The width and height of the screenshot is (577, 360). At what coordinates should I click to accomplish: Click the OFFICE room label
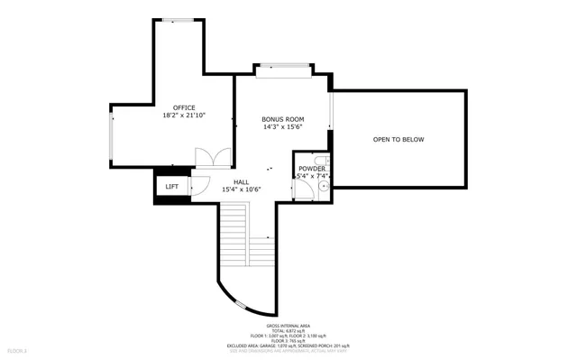pyautogui.click(x=184, y=107)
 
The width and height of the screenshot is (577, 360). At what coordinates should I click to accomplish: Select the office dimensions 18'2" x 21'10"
pyautogui.click(x=184, y=115)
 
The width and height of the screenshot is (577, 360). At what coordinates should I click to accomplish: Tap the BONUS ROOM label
pyautogui.click(x=282, y=119)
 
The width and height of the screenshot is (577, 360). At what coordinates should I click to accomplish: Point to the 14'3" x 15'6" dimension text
pyautogui.click(x=282, y=127)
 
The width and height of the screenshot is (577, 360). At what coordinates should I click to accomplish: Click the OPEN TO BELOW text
pyautogui.click(x=398, y=140)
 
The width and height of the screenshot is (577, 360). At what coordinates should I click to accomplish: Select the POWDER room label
pyautogui.click(x=312, y=169)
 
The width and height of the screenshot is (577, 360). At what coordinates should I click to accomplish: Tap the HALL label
pyautogui.click(x=241, y=182)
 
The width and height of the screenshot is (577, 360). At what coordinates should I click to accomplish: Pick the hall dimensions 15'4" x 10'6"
pyautogui.click(x=241, y=189)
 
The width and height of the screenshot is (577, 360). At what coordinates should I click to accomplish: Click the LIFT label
pyautogui.click(x=171, y=187)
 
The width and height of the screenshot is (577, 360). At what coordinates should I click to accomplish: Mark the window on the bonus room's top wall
pyautogui.click(x=282, y=66)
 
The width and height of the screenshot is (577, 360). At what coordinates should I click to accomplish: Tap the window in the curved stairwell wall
pyautogui.click(x=239, y=303)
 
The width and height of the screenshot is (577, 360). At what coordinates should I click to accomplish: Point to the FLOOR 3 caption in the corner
pyautogui.click(x=18, y=349)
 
